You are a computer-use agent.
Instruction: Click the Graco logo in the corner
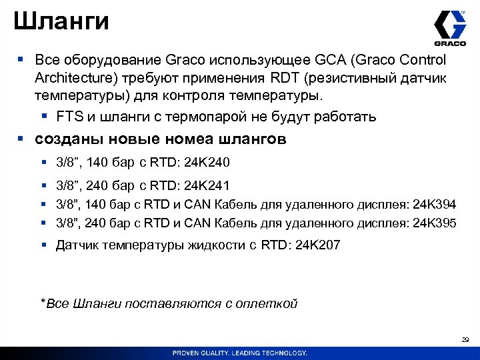coord(450,27)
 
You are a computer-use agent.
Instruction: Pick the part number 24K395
coord(435,223)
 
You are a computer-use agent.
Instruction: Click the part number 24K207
coord(317,245)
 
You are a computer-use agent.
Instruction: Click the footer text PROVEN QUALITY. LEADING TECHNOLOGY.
coord(239,353)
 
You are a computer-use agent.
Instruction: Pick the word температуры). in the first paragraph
coord(75,98)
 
